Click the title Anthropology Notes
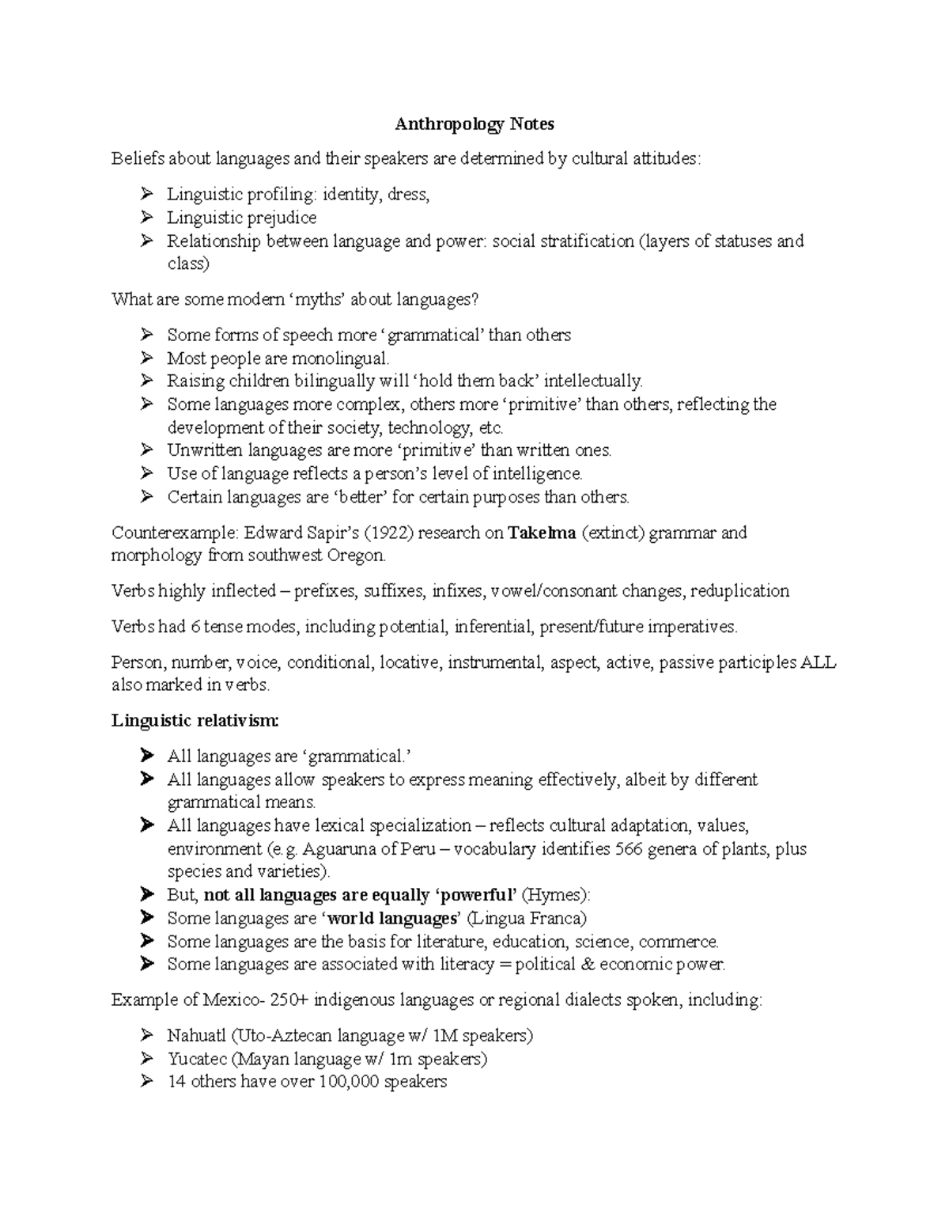coord(475,124)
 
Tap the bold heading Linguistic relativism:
coord(195,720)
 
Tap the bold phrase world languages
coord(392,918)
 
